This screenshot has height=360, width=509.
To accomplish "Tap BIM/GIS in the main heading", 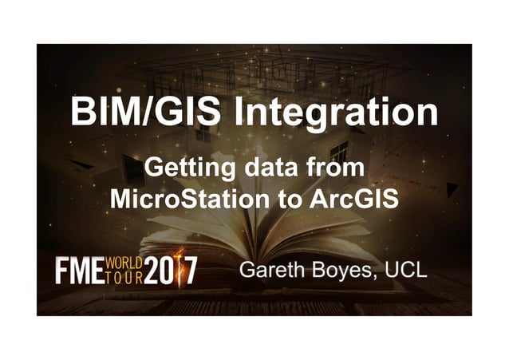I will (144, 112).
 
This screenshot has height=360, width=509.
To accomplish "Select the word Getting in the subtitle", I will (180, 169).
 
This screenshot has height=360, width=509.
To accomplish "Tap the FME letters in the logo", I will (78, 271).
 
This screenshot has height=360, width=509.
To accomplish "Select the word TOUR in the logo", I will (124, 278).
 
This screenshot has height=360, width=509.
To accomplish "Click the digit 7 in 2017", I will (190, 270).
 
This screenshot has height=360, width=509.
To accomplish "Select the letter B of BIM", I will (82, 113).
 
